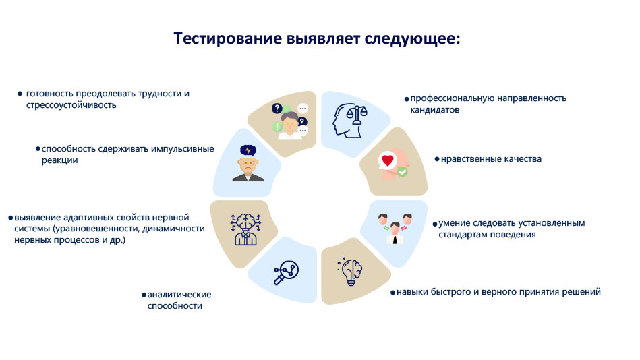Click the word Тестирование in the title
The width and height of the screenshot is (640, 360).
228,39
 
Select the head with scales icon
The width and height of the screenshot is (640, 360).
350,121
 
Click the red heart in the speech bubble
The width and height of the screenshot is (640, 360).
388,160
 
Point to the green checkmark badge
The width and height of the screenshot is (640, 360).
403,172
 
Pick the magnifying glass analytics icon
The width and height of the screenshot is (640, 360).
286,272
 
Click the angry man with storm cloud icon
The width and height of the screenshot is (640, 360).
248,163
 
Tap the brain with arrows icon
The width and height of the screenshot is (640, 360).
245,229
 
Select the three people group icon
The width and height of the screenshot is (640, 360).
395,229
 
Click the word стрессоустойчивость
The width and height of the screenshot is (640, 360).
71,105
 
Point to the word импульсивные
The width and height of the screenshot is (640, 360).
183,149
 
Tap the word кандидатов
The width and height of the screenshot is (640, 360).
435,110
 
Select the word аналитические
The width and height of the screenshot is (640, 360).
179,295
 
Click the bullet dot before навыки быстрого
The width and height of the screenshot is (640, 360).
392,293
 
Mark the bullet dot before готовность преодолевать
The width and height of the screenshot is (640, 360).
20,94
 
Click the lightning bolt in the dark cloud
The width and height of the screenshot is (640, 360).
248,150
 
